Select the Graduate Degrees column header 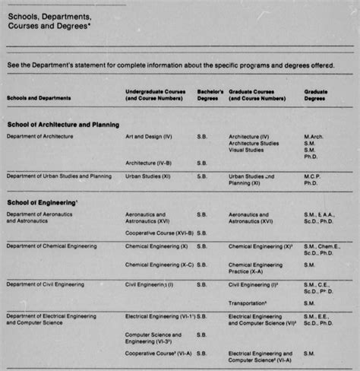(x=316, y=95)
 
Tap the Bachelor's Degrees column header (x=210, y=95)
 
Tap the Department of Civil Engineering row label (x=47, y=284)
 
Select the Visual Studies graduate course (x=247, y=150)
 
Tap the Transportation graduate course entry (x=249, y=302)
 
